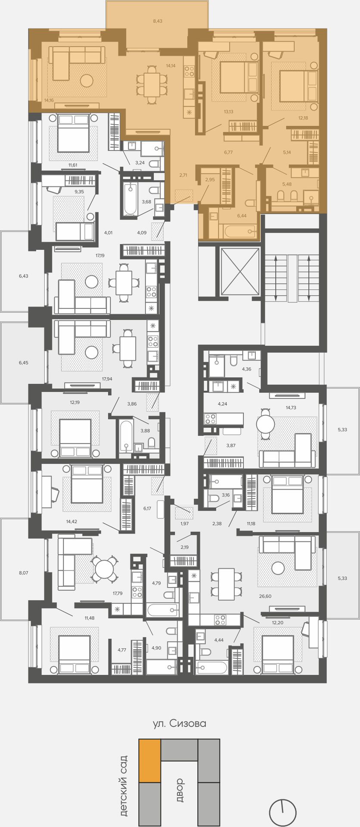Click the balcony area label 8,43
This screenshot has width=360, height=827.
coord(158,21)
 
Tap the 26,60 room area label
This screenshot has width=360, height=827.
coord(265,596)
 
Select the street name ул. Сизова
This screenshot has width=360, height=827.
coord(180,723)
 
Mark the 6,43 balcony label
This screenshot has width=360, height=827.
coord(23,276)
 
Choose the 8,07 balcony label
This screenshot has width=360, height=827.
coord(23,573)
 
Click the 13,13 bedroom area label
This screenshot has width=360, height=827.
coord(228,112)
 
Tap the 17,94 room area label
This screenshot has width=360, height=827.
coord(107,379)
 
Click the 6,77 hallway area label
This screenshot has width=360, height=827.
coord(228,152)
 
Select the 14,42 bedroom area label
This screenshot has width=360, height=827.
coord(71,521)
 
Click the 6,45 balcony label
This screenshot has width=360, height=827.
coord(23,363)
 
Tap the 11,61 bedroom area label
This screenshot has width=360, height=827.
coord(75,165)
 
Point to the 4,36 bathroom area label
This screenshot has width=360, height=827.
coord(246,369)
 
